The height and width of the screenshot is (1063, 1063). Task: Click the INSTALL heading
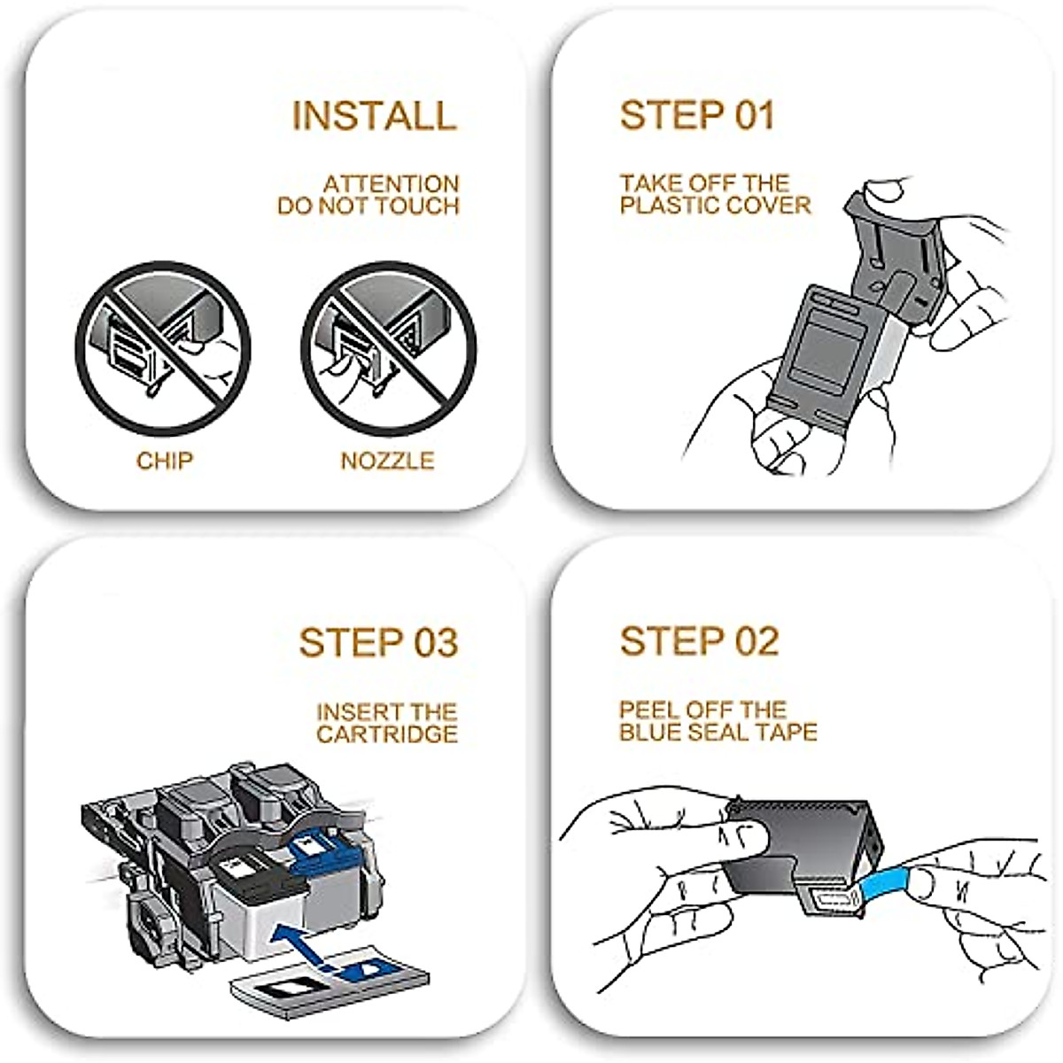[x=374, y=116]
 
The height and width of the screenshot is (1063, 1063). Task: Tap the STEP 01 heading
[x=697, y=116]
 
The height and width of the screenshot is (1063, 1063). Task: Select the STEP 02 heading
[x=699, y=641]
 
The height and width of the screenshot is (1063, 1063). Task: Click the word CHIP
[x=165, y=461]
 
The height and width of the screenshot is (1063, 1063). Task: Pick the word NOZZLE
[x=387, y=461]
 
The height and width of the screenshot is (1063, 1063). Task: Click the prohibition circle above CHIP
[x=163, y=348]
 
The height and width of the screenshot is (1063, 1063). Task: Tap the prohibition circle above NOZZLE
[x=389, y=348]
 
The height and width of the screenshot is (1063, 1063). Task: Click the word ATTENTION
[x=391, y=184]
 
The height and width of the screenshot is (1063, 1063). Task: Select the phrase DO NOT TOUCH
[x=369, y=206]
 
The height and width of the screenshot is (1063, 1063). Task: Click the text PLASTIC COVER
[x=715, y=206]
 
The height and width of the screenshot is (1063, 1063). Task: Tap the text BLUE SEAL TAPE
[x=718, y=733]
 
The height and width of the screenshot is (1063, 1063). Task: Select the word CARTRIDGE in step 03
[x=387, y=734]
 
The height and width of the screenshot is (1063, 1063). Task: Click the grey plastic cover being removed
[x=895, y=248]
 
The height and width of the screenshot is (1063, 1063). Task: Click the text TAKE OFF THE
[x=704, y=183]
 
